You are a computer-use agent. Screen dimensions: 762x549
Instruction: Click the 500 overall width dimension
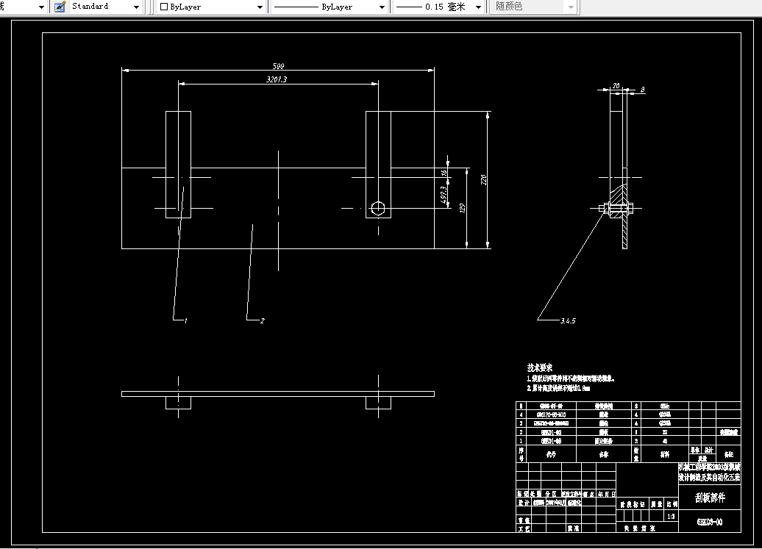point(279,65)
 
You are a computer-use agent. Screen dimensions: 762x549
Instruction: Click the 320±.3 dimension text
point(277,79)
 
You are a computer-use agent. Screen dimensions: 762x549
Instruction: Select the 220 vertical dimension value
point(483,179)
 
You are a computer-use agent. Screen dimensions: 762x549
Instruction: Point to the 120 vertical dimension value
point(462,208)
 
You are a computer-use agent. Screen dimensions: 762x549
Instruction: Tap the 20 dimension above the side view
point(616,86)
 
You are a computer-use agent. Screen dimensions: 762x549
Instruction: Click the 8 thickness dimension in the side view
point(642,90)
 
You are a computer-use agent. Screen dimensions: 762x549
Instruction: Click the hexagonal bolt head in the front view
point(378,208)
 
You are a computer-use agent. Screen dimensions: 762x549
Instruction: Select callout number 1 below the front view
point(186,321)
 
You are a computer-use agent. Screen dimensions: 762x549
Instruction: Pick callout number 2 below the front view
point(262,321)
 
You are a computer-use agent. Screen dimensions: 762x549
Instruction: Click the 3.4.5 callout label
point(567,321)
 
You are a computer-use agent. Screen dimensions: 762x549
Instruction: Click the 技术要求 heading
point(540,367)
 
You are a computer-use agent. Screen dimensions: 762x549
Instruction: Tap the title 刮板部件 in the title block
point(709,498)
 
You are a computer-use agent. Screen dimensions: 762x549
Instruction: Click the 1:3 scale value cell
point(670,517)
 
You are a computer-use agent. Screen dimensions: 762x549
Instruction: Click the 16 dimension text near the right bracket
point(444,173)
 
